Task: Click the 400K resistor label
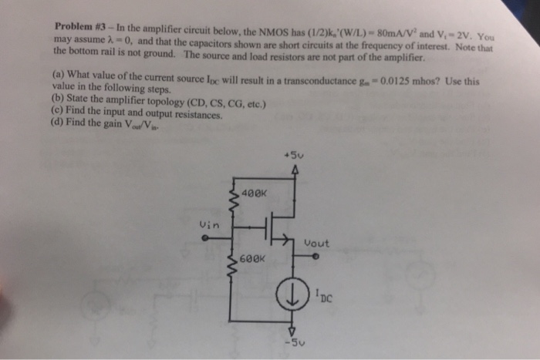point(254,192)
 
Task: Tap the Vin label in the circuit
point(209,225)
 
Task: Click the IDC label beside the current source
point(323,294)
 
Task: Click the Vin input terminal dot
point(204,237)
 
